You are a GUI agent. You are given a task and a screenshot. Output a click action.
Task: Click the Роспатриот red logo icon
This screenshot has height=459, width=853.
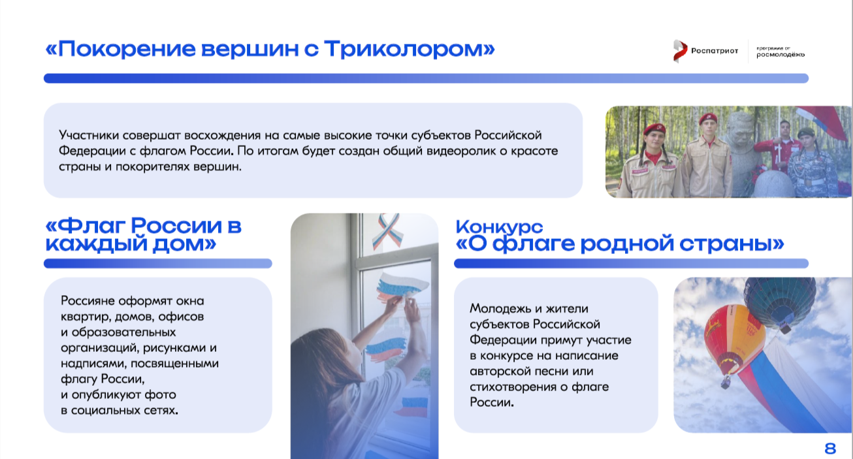pos(680,51)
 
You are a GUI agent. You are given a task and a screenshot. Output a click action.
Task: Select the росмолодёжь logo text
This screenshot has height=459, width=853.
pos(781,55)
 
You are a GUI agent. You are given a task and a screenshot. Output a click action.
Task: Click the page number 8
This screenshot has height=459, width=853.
pos(830,449)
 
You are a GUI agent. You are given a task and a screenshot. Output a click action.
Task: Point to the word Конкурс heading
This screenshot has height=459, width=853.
pos(499,227)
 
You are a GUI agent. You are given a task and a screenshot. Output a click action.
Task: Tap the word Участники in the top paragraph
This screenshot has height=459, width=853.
pos(88,136)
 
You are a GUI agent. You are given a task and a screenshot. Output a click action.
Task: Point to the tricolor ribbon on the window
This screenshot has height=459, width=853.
pos(388,231)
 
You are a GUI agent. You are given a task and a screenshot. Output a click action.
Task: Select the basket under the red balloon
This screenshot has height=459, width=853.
pos(726,381)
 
